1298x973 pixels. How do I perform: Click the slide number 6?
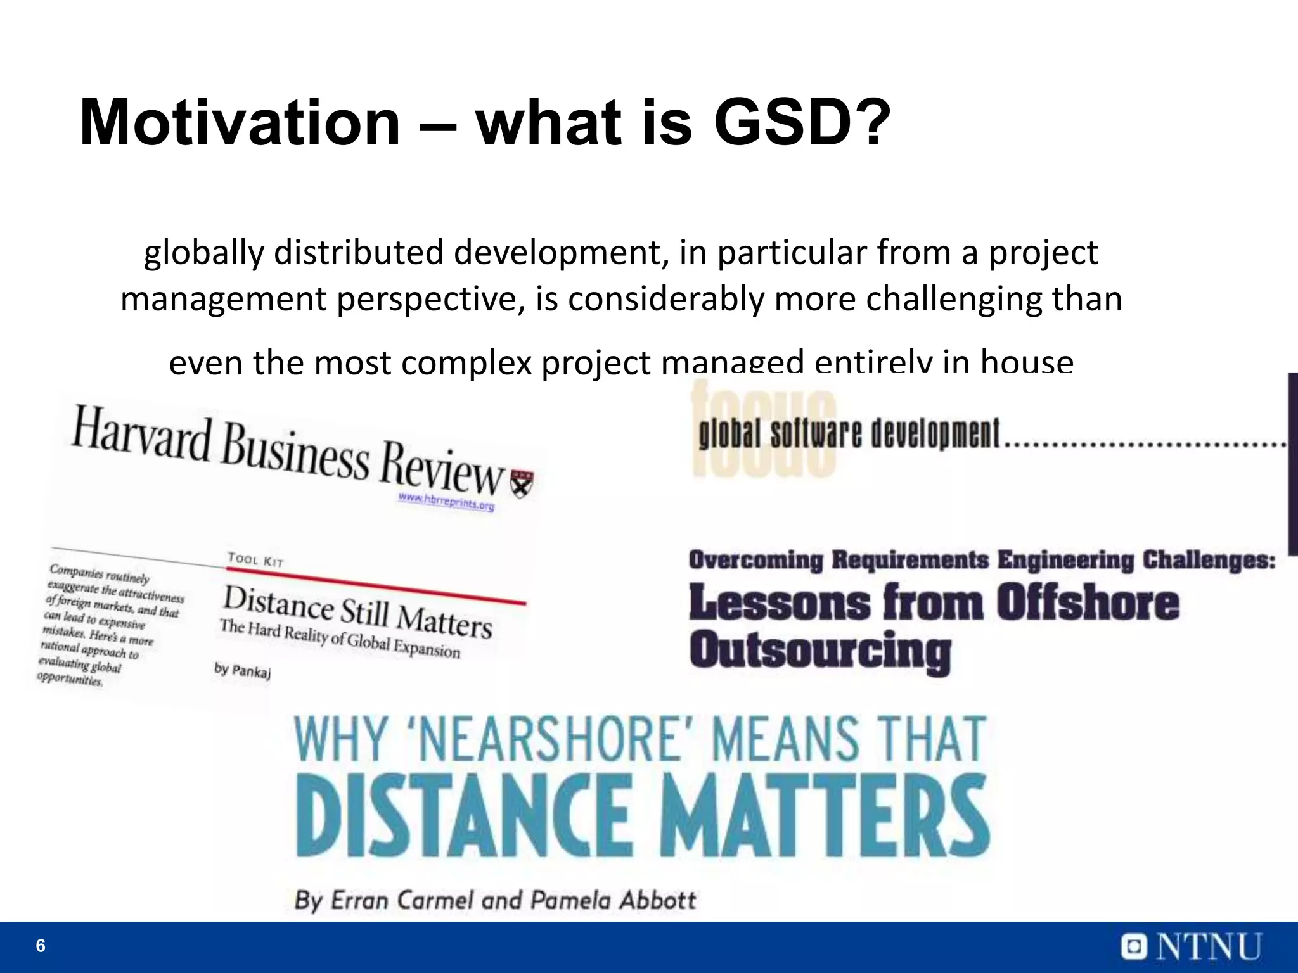[41, 946]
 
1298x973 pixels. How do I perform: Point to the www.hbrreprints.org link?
[446, 502]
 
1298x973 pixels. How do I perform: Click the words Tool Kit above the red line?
[255, 559]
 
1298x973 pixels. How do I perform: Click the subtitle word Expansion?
[427, 649]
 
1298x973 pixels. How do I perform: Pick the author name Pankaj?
[251, 670]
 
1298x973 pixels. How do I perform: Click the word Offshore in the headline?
[1087, 602]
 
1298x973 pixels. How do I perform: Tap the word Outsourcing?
[820, 652]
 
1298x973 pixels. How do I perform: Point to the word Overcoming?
[755, 561]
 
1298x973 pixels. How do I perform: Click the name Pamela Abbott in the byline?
[613, 900]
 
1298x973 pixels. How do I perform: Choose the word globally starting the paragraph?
[203, 253]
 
